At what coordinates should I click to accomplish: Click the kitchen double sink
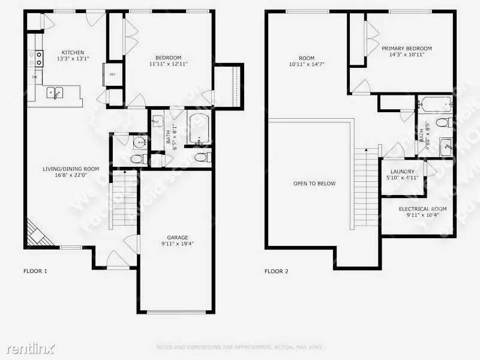[x=56, y=92]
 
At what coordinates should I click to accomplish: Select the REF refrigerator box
[x=112, y=73]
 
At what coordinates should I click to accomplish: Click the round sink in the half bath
[x=139, y=143]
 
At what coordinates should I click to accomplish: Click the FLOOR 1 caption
[x=35, y=271]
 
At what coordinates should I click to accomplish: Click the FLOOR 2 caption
[x=277, y=271]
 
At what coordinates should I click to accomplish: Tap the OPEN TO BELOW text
[x=314, y=184]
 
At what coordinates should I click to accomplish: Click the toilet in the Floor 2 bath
[x=440, y=123]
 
